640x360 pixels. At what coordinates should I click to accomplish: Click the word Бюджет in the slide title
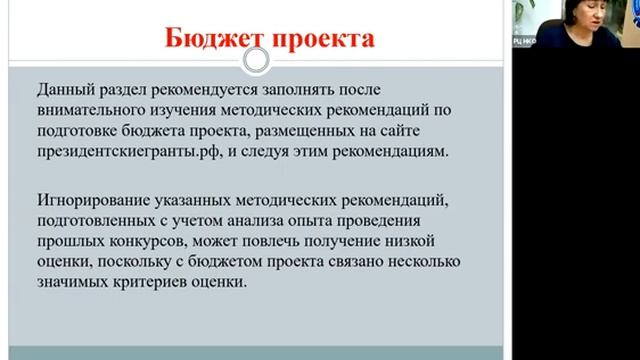[x=209, y=40]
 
